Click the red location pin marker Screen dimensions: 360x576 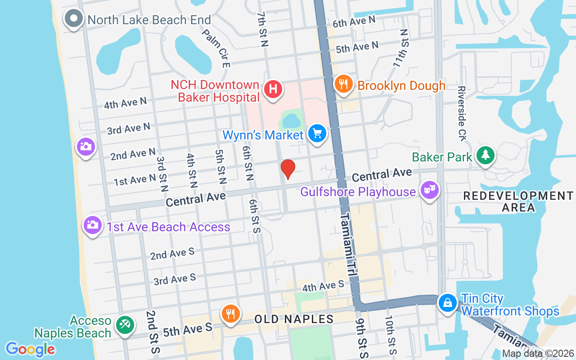[288, 169]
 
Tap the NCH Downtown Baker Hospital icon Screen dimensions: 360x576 [273, 89]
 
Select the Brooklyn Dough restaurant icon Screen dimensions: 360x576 [343, 84]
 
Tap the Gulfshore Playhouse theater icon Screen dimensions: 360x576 [429, 190]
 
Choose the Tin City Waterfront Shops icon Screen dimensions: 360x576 [448, 303]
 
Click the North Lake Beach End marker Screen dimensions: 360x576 [73, 19]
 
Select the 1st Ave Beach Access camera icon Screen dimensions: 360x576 [92, 225]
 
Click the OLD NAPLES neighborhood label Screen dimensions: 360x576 [294, 319]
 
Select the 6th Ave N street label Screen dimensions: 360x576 [354, 21]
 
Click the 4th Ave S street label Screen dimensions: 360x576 [323, 285]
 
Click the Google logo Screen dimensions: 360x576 [30, 349]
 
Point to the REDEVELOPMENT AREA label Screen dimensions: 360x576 [518, 202]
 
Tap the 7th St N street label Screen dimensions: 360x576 [262, 29]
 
